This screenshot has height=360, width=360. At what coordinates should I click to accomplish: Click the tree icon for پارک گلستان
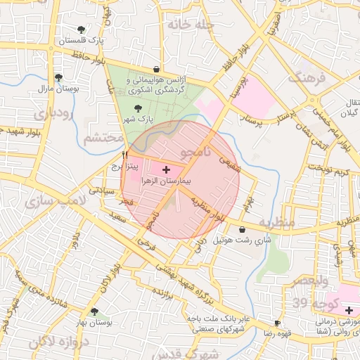(x=82, y=29)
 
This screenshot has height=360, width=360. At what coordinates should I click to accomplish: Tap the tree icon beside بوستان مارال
(x=58, y=77)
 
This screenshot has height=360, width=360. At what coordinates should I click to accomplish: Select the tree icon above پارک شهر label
(x=137, y=108)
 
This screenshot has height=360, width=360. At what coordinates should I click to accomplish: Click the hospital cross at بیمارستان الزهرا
(x=166, y=169)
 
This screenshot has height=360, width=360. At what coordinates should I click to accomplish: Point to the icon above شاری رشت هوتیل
(x=243, y=229)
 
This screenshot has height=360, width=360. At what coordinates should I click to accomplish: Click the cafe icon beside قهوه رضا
(x=277, y=323)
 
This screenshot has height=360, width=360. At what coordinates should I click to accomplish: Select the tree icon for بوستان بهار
(x=95, y=311)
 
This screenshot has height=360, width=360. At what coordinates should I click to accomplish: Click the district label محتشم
(x=103, y=138)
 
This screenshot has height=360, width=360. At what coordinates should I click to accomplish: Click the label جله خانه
(x=189, y=24)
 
